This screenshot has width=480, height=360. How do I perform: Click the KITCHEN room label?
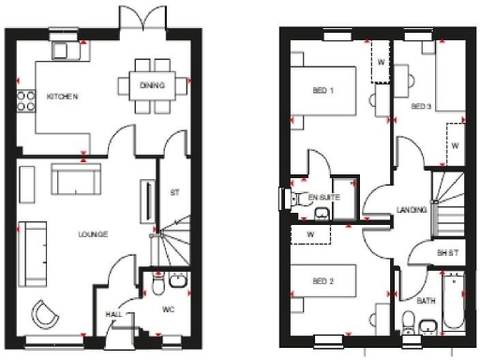click(62, 97)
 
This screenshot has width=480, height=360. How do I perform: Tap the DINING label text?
click(152, 86)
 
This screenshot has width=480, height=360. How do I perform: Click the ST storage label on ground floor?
click(175, 194)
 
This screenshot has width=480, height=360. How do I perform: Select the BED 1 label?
click(324, 90)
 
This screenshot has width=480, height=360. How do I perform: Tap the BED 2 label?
click(323, 280)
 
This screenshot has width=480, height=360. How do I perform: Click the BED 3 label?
click(421, 106)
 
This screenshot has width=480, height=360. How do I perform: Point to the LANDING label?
click(412, 210)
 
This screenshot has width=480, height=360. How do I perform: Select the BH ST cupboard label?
click(446, 253)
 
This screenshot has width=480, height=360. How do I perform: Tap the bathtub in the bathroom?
click(453, 302)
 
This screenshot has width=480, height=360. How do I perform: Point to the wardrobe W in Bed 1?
click(382, 62)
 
